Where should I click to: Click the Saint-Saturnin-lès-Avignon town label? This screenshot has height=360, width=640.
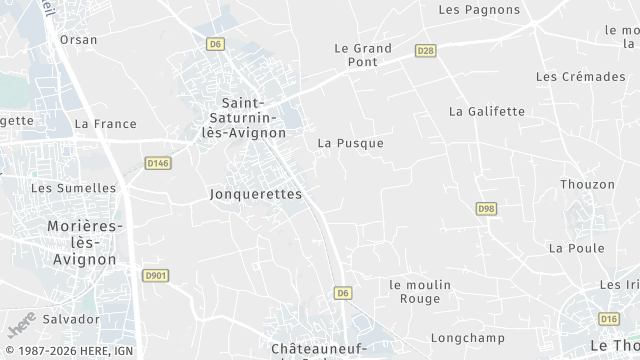click(244, 118)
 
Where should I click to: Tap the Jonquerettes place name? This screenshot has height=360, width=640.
click(257, 194)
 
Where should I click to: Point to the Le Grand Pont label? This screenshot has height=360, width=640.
click(363, 55)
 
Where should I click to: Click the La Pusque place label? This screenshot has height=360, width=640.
click(351, 143)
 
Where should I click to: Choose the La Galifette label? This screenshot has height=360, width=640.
click(487, 111)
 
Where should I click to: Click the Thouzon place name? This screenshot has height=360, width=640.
click(588, 185)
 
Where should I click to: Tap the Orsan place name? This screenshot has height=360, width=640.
click(79, 40)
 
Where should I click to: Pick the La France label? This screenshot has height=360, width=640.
click(105, 124)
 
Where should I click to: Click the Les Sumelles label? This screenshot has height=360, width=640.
click(74, 188)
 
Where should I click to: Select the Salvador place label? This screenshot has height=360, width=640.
click(71, 319)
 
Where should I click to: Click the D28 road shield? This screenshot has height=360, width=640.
click(426, 50)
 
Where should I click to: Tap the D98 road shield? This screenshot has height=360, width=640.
click(486, 208)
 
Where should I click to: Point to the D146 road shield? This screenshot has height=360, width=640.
click(158, 163)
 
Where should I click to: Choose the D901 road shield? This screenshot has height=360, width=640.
click(154, 275)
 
